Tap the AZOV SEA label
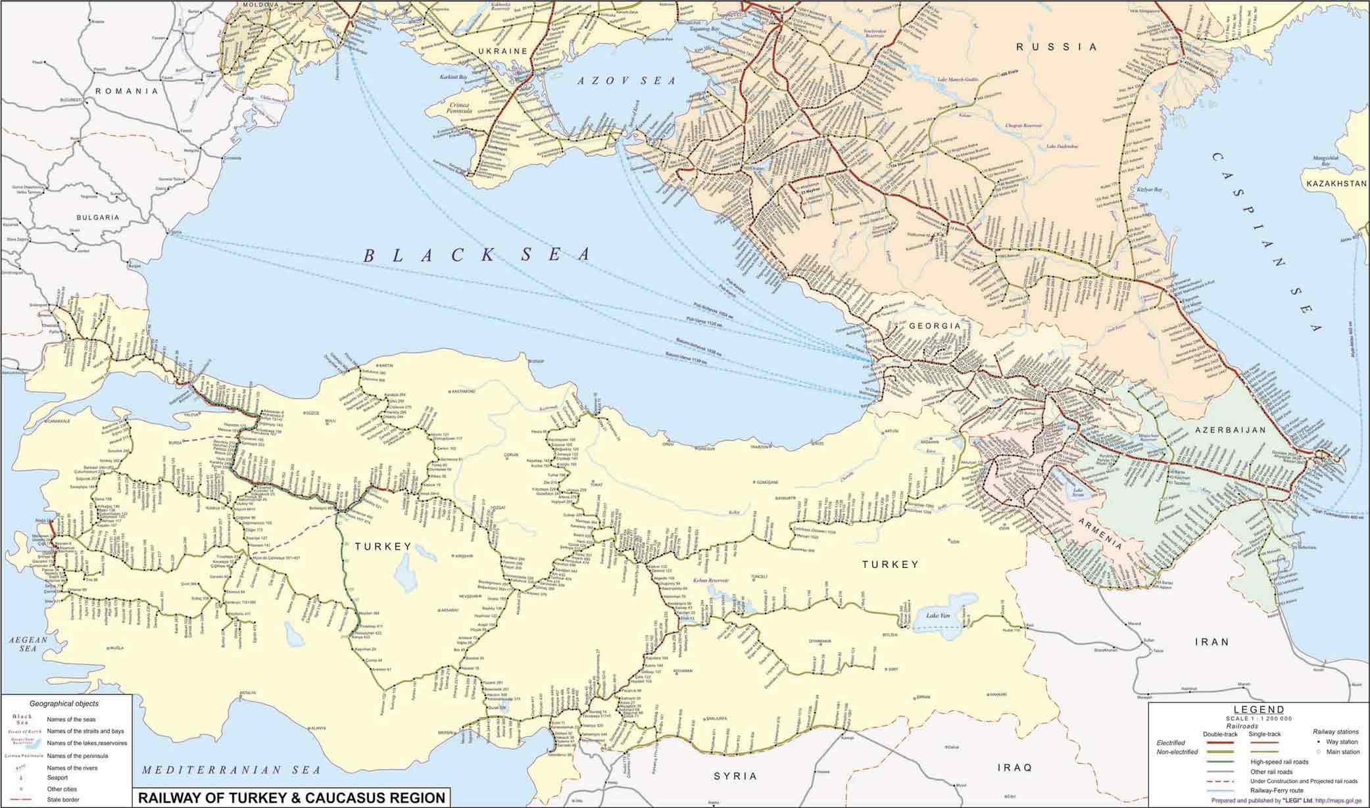[x=626, y=81]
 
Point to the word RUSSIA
[x=1057, y=47]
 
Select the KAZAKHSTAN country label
[x=1334, y=183]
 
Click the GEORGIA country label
[x=935, y=326]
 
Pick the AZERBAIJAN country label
[x=1230, y=430]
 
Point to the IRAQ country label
[x=1015, y=767]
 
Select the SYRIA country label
[x=735, y=776]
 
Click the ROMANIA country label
[x=127, y=91]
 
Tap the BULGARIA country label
[x=97, y=217]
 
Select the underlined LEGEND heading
[x=1258, y=709]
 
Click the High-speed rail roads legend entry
[x=1279, y=762]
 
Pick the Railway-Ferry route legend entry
[x=1277, y=790]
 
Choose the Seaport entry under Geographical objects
[x=57, y=778]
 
